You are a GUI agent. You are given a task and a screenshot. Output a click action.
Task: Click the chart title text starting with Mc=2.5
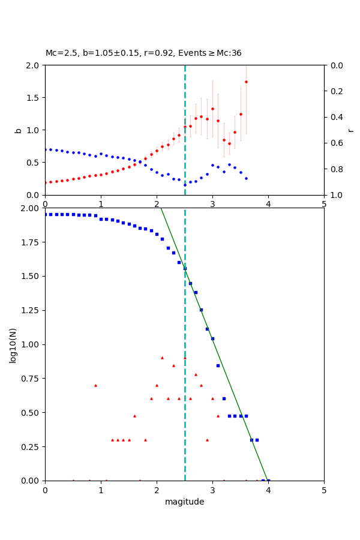point(143,53)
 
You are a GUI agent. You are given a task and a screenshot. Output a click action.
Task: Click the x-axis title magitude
point(184,502)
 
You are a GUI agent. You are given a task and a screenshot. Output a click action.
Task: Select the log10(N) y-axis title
point(13,345)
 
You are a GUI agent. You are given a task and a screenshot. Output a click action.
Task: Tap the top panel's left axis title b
point(18,130)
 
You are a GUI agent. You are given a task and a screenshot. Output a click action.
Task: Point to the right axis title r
point(350,130)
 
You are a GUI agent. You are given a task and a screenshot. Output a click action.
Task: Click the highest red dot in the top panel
point(246,82)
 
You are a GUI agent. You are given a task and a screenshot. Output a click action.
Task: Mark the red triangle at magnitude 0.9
point(95,385)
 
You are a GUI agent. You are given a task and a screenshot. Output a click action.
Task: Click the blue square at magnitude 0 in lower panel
point(46,214)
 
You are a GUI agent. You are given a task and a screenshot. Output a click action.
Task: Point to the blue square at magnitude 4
point(268,481)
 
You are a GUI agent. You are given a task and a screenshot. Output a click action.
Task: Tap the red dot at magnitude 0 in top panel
point(46,182)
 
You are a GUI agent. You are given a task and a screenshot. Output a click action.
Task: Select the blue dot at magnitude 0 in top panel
point(46,149)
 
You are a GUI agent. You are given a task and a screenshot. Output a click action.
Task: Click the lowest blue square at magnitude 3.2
point(224,398)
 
